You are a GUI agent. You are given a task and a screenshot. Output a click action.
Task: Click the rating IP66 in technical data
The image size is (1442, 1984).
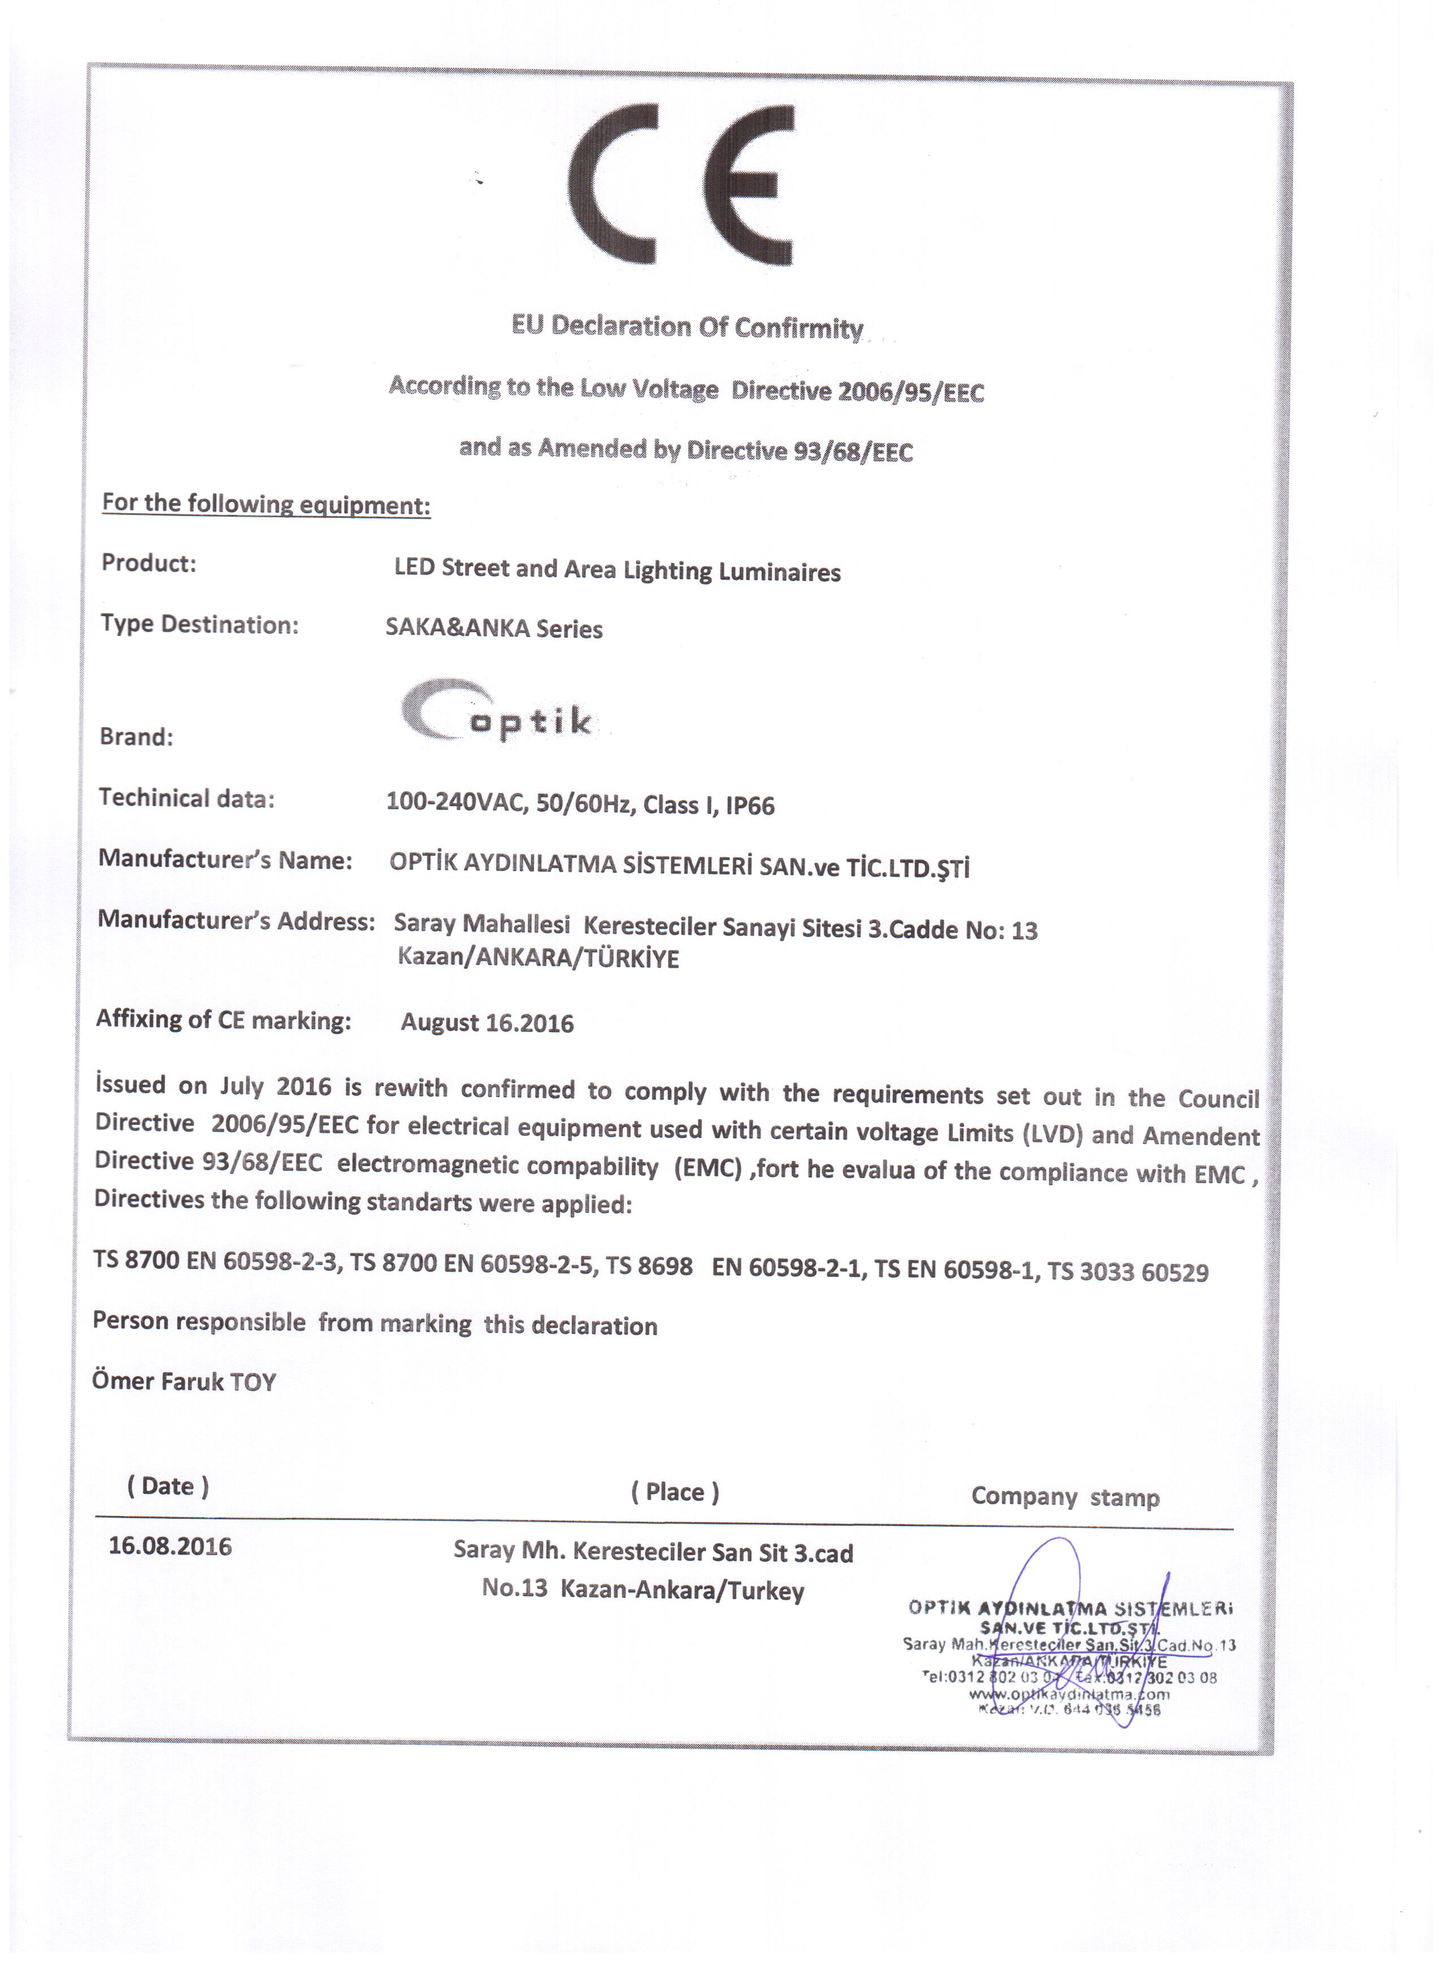(749, 805)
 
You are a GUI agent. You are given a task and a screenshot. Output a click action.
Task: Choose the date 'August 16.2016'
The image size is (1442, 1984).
(487, 1023)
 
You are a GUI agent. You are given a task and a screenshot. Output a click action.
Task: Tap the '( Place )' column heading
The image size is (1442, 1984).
(675, 1492)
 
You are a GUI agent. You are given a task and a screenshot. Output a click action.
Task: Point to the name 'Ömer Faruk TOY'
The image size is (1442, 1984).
(185, 1382)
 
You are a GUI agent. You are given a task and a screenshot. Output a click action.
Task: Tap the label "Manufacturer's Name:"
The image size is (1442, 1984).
(225, 860)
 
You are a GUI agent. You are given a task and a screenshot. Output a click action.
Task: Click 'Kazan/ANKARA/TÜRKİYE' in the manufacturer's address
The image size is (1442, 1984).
(538, 959)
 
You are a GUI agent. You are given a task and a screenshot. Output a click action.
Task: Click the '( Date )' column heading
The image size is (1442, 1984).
(168, 1486)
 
